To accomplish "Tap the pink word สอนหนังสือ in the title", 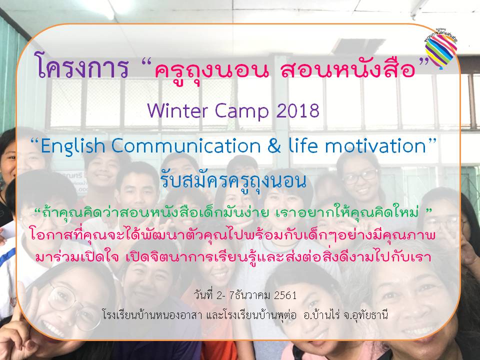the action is click(348, 68).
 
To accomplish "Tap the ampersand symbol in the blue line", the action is click(274, 146).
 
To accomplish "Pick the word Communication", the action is click(186, 146).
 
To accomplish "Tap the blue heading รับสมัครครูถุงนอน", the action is click(233, 180).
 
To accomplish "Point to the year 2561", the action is click(285, 295).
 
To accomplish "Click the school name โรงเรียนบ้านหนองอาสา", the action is click(152, 315).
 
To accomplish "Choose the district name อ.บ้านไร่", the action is click(321, 314).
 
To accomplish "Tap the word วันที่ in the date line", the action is click(203, 295).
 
